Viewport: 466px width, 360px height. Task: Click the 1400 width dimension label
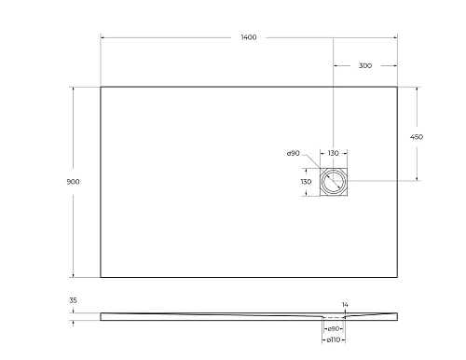pos(248,37)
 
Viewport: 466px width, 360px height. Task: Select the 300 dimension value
pos(364,65)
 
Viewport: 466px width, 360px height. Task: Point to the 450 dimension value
pos(417,136)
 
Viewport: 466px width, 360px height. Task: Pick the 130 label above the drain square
pos(333,153)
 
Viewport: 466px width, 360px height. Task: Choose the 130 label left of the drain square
pos(305,181)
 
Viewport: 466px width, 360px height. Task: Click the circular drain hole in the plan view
pos(333,181)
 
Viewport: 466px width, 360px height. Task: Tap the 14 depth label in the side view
pos(345,305)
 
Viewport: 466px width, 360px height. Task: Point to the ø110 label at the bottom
pos(333,339)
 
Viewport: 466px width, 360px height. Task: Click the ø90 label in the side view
pos(333,327)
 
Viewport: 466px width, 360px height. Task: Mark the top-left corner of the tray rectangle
pos(101,87)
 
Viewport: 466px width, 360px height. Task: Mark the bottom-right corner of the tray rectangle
pos(398,277)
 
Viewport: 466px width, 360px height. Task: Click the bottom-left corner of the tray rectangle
pos(101,277)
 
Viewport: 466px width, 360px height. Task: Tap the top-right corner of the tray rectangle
pos(398,87)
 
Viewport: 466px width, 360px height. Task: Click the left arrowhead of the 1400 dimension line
pos(103,37)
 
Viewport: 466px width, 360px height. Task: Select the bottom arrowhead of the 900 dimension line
pos(74,275)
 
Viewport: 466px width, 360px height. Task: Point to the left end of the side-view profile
pos(102,317)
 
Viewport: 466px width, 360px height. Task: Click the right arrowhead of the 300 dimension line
pos(396,65)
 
